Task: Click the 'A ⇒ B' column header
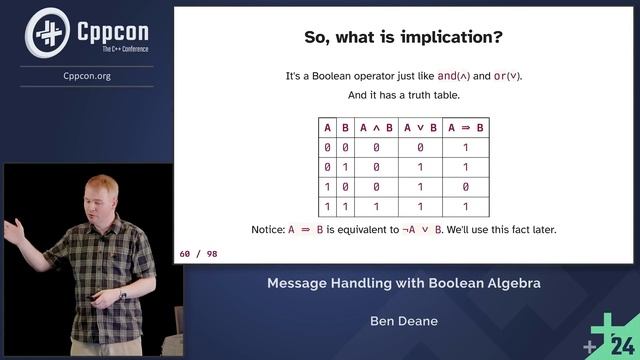(x=466, y=127)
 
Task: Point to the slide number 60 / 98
(x=198, y=254)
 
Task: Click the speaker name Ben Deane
(x=403, y=322)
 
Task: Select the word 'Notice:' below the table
(x=268, y=229)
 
